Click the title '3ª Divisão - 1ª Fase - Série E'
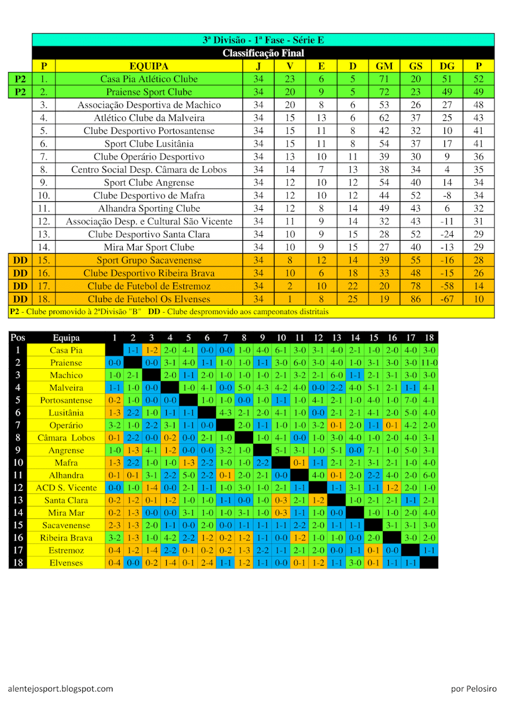[x=263, y=41]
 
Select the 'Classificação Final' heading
[x=263, y=53]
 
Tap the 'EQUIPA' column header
[x=148, y=66]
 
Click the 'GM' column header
[x=384, y=66]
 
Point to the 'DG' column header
[x=447, y=66]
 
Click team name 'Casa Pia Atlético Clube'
[x=148, y=79]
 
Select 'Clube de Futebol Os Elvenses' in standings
[x=148, y=299]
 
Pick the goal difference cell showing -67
[x=447, y=299]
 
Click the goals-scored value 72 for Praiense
[x=384, y=92]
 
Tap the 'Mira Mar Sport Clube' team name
[x=148, y=247]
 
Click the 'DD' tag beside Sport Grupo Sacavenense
[x=20, y=260]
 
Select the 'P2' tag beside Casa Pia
[x=20, y=79]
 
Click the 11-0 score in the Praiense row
[x=429, y=363]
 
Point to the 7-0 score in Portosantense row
[x=410, y=400]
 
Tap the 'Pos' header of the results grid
[x=18, y=338]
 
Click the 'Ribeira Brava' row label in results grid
[x=66, y=538]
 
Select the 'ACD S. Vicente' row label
[x=66, y=488]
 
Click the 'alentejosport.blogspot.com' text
[x=61, y=689]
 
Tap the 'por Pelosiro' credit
[x=473, y=689]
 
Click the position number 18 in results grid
[x=18, y=563]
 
